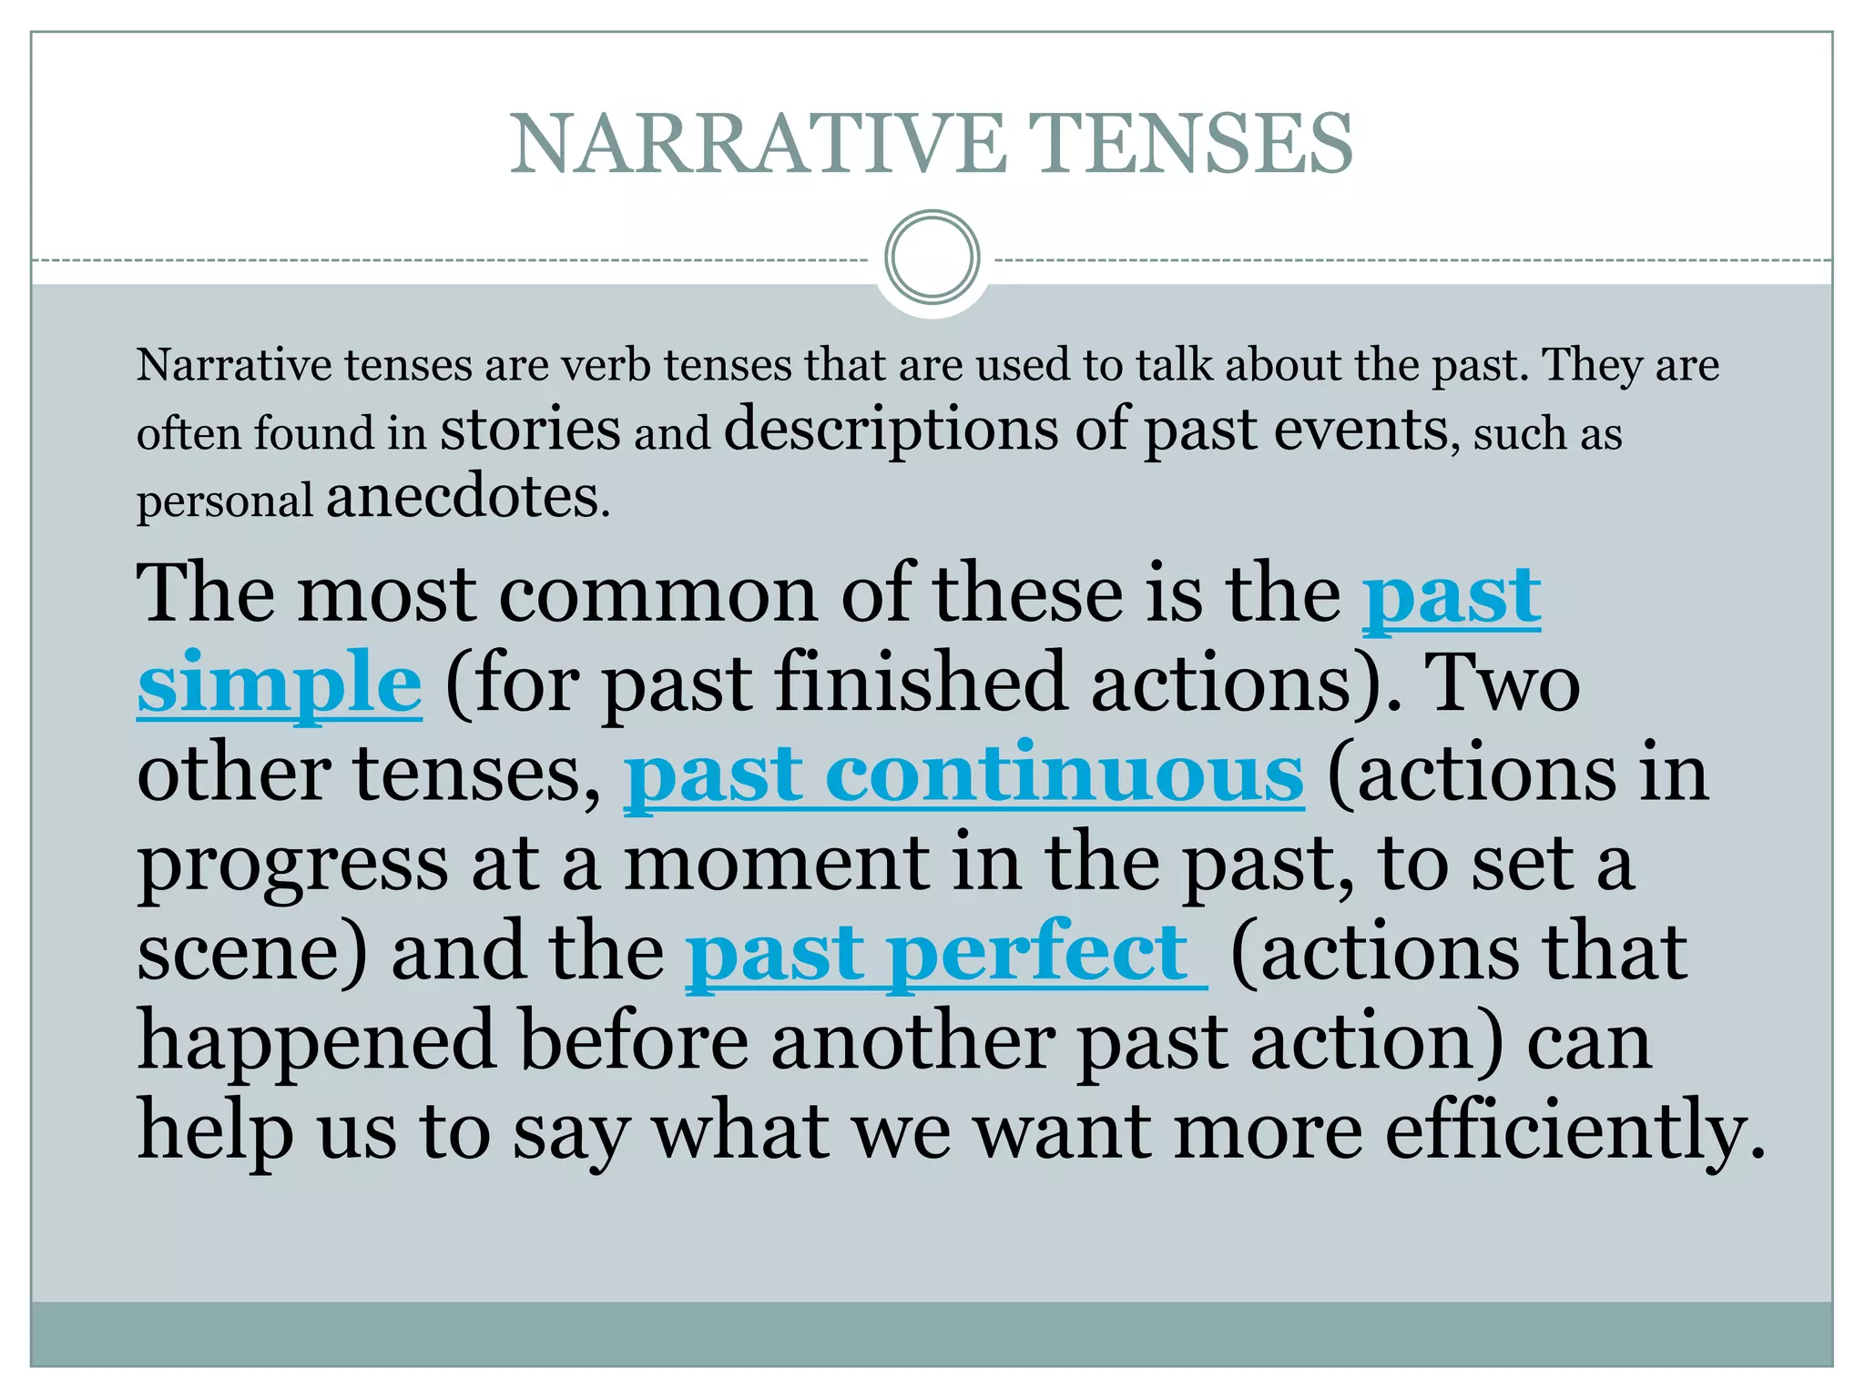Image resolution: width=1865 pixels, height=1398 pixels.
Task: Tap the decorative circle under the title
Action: tap(932, 258)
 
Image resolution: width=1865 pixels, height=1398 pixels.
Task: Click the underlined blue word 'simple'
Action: tap(280, 683)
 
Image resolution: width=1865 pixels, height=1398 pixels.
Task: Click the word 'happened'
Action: tap(317, 1042)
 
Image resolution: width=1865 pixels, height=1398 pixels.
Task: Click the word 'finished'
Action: tap(920, 683)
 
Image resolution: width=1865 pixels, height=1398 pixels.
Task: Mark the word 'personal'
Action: tap(224, 501)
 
